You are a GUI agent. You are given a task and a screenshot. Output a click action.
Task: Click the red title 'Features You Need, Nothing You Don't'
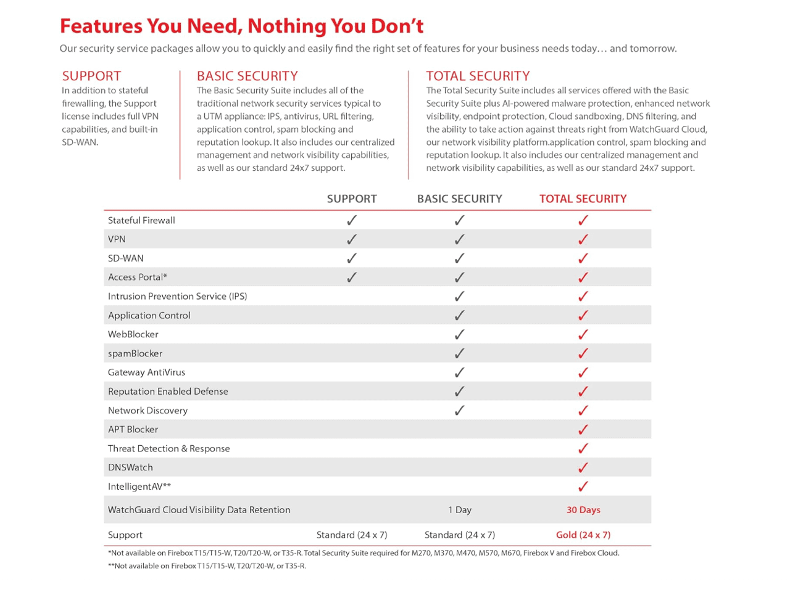tap(241, 27)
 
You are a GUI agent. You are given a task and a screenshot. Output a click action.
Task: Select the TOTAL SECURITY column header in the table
tap(583, 199)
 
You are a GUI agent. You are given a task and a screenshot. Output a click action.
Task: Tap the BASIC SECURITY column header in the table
tap(459, 199)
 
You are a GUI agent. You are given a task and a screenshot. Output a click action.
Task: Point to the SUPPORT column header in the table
tap(352, 199)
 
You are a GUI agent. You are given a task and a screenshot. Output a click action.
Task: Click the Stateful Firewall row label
tap(141, 220)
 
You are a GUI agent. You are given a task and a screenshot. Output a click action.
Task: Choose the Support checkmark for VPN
tap(352, 239)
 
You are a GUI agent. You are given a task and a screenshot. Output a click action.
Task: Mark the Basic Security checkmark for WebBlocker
tap(459, 334)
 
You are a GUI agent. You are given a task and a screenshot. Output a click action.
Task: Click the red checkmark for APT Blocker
tap(583, 429)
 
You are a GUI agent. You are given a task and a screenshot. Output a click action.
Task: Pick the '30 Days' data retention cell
tap(583, 510)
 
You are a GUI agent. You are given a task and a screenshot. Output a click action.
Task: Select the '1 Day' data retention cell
tap(460, 510)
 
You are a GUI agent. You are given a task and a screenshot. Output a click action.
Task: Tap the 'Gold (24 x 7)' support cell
tap(583, 535)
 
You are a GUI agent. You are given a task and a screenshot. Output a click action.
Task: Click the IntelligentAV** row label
tap(139, 487)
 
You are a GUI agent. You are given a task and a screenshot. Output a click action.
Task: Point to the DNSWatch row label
tap(130, 467)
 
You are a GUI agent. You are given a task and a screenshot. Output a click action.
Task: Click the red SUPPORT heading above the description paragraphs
tap(91, 76)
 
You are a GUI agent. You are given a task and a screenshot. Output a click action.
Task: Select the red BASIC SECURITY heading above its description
tap(247, 76)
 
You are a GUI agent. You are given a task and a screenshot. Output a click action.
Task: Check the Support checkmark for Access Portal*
tap(352, 277)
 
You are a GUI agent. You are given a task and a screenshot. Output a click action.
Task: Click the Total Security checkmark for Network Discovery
tap(583, 410)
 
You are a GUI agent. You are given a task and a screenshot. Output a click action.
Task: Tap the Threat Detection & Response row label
tap(168, 448)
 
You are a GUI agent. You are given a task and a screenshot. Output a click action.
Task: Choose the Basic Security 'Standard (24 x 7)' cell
tap(460, 535)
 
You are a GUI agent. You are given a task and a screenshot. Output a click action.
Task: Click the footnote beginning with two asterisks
tap(207, 565)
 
